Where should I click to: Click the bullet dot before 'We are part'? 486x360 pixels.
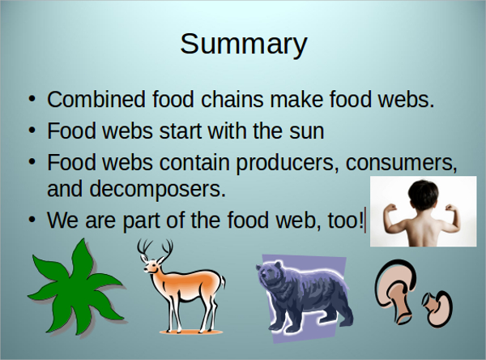[32, 220]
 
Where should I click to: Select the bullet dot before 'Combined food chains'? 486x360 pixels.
[32, 101]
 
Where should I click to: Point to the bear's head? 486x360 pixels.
[276, 281]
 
